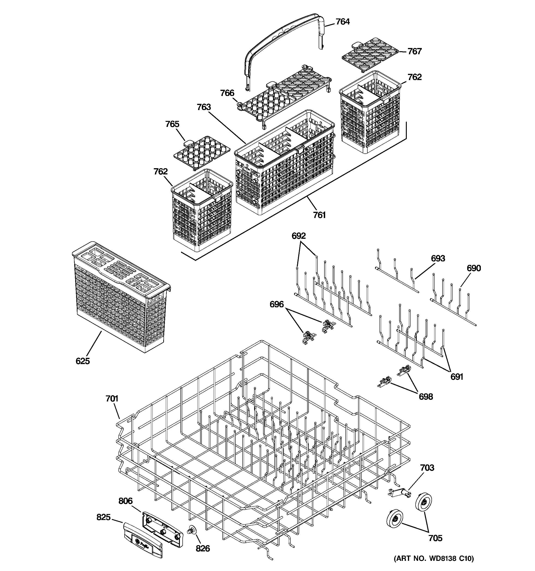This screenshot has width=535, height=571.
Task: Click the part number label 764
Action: [x=343, y=22]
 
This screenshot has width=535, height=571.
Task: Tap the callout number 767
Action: [x=414, y=51]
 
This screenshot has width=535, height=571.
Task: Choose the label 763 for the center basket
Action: [x=204, y=107]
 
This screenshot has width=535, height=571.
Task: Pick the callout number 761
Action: [x=319, y=215]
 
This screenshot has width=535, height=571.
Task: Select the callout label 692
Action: [x=299, y=236]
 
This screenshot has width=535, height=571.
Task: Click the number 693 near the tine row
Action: [x=438, y=258]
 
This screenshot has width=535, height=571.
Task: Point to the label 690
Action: [x=474, y=268]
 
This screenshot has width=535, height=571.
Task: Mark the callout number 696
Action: [x=276, y=304]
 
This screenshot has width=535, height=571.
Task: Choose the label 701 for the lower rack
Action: [x=112, y=399]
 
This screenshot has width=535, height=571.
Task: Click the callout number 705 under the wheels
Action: [x=435, y=538]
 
